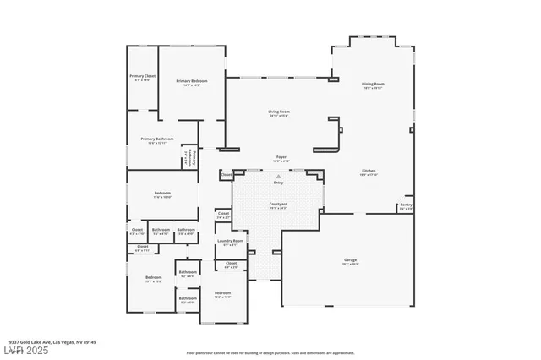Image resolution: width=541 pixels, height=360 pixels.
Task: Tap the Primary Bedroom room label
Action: [192, 80]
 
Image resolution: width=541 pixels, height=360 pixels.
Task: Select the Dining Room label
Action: [373, 83]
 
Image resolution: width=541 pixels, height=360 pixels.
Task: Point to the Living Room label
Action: [279, 112]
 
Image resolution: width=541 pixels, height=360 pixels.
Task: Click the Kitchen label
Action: [369, 170]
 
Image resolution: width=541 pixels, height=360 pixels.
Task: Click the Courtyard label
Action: [278, 204]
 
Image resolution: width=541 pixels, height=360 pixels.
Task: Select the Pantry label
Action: [406, 204]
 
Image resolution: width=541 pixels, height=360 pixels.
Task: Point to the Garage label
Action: [350, 259]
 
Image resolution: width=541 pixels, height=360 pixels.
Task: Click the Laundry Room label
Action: [230, 241]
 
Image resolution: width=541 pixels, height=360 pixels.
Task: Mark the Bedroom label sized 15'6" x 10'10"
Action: [162, 194]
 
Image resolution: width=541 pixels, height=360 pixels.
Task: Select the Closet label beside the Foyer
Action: [226, 175]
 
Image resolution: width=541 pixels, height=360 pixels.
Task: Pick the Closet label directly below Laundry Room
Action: [231, 263]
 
